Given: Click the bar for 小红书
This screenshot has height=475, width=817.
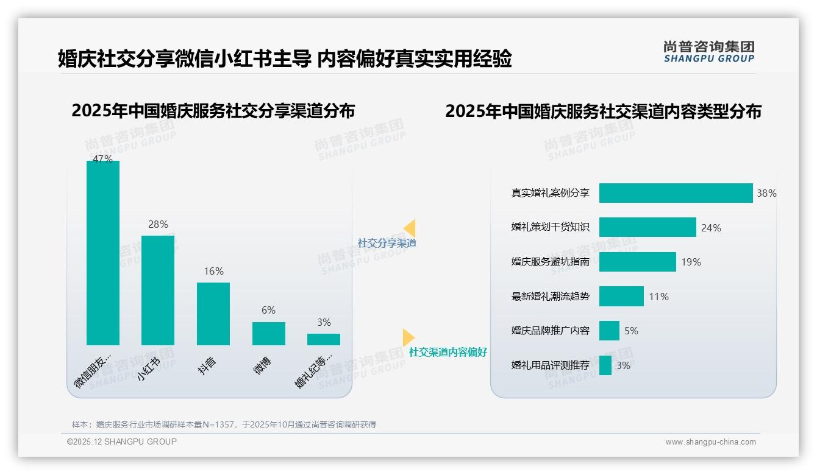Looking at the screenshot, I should tap(158, 290).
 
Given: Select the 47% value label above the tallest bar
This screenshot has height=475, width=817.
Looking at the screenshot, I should tap(102, 159).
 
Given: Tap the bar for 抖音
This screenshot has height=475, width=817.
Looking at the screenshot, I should tap(213, 314).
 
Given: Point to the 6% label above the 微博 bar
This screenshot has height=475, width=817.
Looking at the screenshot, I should tap(268, 311).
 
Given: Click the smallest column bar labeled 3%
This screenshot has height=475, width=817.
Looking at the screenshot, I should tap(324, 339).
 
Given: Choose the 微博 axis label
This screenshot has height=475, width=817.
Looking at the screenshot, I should tap(262, 365).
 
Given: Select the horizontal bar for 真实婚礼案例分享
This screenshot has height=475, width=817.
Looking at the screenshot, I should tap(676, 193).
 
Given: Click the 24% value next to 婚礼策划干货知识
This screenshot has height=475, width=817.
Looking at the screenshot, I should tap(711, 228).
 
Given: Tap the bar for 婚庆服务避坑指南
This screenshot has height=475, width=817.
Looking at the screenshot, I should tap(637, 262).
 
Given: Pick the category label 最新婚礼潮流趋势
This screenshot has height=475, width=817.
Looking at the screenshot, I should tap(550, 297).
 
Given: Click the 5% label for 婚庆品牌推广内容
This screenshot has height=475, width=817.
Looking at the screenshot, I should tap(631, 331).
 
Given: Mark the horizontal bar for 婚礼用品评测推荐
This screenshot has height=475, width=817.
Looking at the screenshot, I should tap(605, 365).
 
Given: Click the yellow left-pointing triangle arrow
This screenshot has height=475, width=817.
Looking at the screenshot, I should tap(410, 228).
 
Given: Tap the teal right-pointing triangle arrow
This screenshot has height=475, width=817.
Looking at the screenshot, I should tap(408, 337).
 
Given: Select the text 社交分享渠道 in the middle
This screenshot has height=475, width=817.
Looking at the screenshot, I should tap(387, 243).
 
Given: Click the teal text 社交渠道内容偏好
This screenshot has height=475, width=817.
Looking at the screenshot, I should tap(448, 352).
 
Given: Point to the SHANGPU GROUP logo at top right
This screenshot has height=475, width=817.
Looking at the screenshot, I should tap(708, 52).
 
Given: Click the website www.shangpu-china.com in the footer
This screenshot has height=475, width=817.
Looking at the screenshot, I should tap(710, 442).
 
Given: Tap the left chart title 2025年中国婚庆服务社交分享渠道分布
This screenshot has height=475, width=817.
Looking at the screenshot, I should tap(213, 111).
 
